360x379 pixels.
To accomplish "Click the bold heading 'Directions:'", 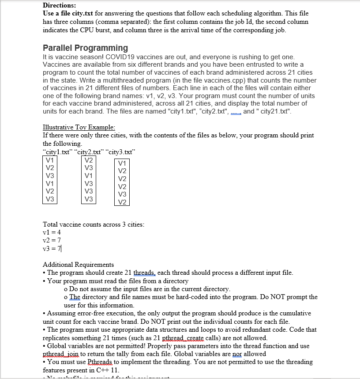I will coord(59,6).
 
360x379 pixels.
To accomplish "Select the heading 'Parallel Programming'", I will coord(85,48).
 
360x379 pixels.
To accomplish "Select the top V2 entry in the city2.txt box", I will coord(89,160).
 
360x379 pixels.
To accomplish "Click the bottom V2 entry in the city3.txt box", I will coord(122,202).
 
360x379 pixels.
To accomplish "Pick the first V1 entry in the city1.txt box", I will coord(50,160).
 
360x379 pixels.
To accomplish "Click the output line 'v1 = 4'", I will coord(52,232).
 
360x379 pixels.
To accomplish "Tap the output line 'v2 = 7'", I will coord(52,240).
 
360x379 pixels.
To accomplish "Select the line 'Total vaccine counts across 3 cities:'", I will coord(94,224).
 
